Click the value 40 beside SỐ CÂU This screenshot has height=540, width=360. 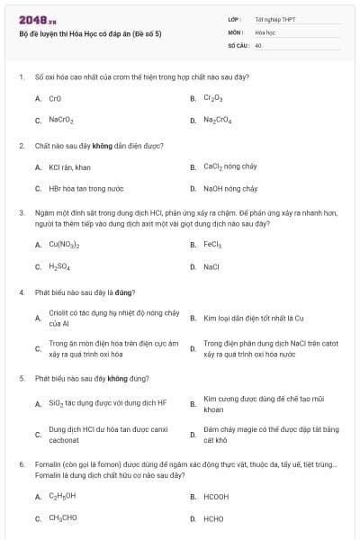coord(258,44)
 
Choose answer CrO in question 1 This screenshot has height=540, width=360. coord(55,98)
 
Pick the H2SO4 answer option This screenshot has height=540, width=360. coord(60,266)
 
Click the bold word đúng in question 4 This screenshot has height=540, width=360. coord(125,292)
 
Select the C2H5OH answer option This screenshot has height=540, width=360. coord(62,496)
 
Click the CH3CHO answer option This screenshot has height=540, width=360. coord(62,518)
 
